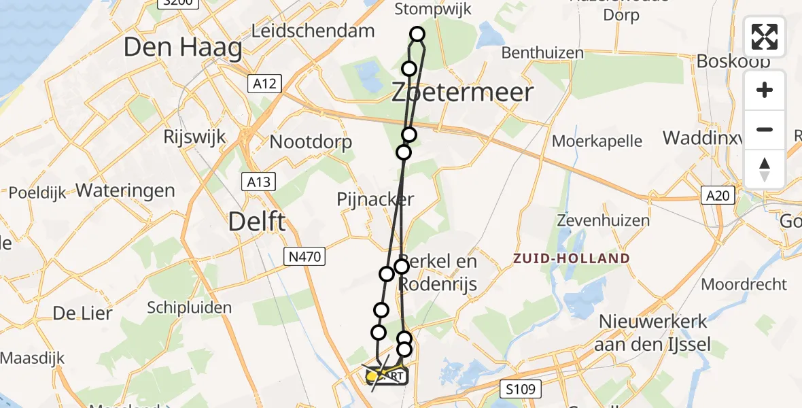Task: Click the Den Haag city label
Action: point(183,48)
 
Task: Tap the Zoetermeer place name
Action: point(462,92)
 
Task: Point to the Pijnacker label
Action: point(375,199)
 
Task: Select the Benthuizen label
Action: point(542,53)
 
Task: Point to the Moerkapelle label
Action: point(597,141)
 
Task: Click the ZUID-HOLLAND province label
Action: point(571,258)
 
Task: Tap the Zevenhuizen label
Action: point(603,220)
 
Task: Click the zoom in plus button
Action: point(765,90)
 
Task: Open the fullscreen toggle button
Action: point(765,37)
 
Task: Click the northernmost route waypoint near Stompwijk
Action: point(417,34)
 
